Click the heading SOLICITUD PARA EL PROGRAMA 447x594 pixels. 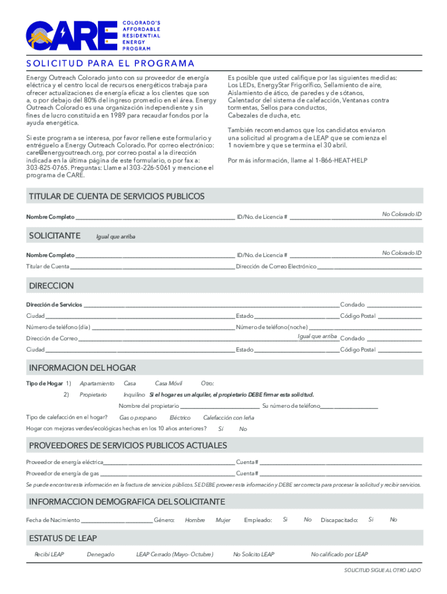click(110, 64)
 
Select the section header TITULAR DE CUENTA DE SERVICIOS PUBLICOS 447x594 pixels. click(117, 197)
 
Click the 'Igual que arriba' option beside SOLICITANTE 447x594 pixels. click(116, 236)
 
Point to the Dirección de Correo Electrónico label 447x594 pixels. click(276, 266)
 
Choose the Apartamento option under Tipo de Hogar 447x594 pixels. click(97, 383)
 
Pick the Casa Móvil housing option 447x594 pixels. click(168, 383)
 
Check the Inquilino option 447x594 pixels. click(134, 394)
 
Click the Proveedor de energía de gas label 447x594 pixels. click(66, 473)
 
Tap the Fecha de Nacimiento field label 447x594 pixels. click(53, 520)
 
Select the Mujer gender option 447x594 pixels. click(223, 520)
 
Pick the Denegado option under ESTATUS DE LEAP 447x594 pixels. click(100, 555)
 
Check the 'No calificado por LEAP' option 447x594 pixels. click(339, 555)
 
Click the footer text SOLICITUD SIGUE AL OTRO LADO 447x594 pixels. click(382, 570)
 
